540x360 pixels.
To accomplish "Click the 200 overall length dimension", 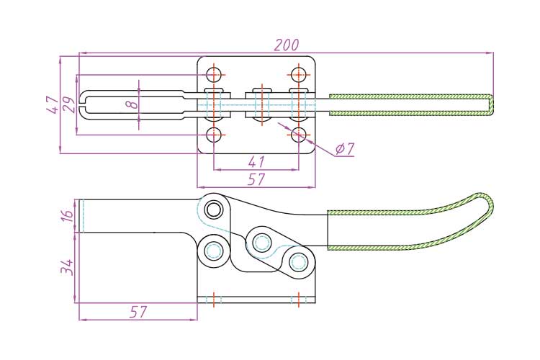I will (287, 45).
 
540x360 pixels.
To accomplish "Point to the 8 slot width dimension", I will (131, 104).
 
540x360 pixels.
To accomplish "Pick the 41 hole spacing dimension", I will (256, 162).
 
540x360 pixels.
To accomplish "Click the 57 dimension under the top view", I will (256, 179).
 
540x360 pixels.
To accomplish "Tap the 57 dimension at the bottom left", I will (138, 312).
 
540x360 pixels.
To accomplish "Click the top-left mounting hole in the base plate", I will (214, 74).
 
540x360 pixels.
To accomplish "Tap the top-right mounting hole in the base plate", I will (299, 74).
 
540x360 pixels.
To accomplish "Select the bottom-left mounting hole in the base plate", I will (214, 135).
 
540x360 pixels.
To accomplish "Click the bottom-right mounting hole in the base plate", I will (299, 135).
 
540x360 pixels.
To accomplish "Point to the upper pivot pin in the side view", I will (214, 210).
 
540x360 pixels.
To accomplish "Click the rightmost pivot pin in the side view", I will (298, 261).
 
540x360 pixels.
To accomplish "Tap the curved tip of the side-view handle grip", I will (488, 204).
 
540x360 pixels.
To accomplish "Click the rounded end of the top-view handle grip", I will (490, 104).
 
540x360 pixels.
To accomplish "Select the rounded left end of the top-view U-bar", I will (84, 104).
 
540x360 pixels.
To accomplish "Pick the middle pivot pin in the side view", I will (261, 240).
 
